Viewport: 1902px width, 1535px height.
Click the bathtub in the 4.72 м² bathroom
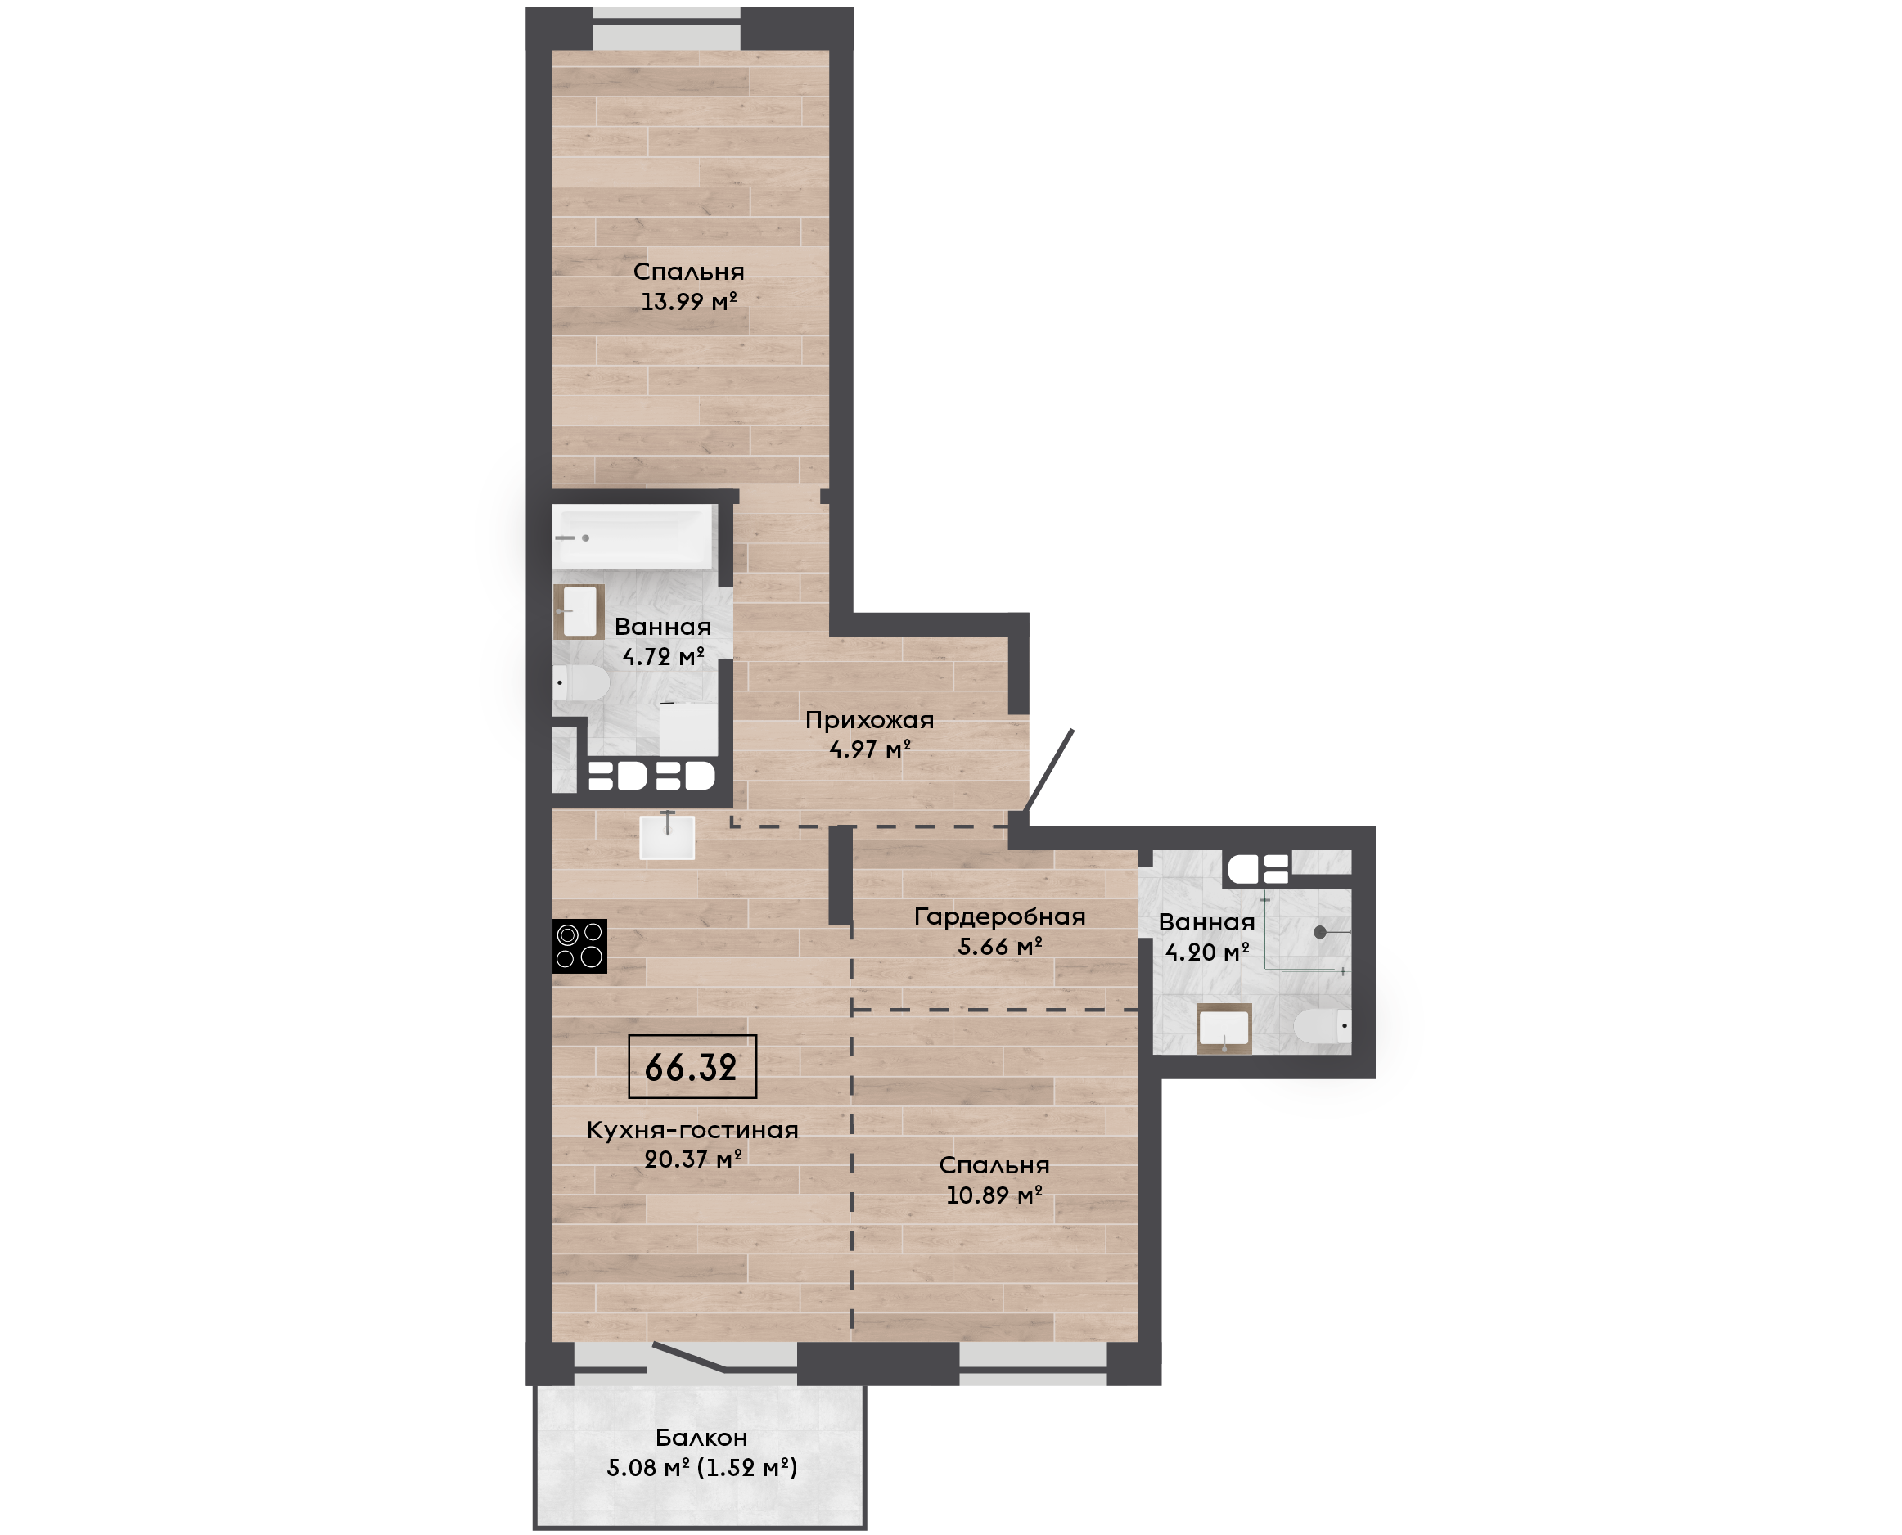(633, 537)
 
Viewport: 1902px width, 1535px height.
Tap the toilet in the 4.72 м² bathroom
(581, 682)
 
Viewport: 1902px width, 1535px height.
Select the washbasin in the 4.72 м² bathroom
(579, 611)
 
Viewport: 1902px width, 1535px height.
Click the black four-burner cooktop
(580, 946)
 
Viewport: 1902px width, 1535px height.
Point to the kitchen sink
(668, 836)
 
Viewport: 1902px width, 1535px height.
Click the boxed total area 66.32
(692, 1067)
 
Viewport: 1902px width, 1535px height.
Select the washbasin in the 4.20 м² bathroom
(1224, 1029)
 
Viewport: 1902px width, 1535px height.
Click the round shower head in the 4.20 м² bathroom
(1320, 932)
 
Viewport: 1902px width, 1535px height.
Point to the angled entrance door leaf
(1048, 770)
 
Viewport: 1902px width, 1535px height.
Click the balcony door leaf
(690, 1358)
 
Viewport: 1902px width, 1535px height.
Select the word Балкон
(702, 1438)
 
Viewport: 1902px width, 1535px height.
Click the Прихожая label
(869, 721)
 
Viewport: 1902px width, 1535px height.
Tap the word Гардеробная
(1000, 917)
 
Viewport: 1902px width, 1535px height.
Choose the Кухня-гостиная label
(692, 1130)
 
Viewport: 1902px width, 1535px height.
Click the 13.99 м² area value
(689, 301)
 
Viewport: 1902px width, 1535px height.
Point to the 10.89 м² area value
(994, 1195)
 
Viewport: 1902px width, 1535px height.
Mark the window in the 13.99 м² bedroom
(666, 29)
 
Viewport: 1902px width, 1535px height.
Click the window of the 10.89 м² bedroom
(1034, 1363)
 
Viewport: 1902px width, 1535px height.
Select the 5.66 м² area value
(1000, 947)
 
